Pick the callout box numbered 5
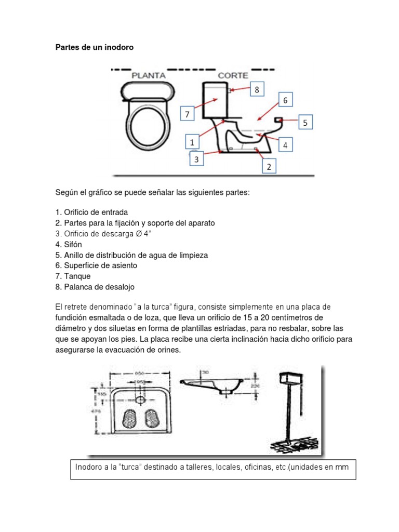point(305,123)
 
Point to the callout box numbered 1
point(192,142)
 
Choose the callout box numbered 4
point(285,145)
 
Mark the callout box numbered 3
point(196,160)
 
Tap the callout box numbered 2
point(269,167)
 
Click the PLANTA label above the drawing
point(148,75)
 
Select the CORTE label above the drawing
point(232,75)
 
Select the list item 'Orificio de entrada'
point(95,212)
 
